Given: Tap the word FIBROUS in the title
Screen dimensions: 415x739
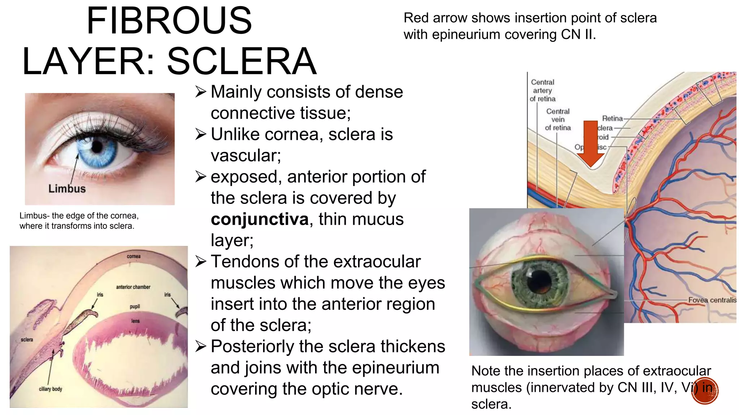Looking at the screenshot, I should point(169,21).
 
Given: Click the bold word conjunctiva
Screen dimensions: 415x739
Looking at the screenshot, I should point(259,219).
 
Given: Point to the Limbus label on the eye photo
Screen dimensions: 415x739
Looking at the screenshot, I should point(67,188).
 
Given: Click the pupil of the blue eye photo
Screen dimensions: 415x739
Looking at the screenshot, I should point(97,146).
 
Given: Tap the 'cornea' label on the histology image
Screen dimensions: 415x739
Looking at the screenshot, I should point(134,256).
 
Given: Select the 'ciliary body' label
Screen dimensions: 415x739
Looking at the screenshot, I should point(51,389).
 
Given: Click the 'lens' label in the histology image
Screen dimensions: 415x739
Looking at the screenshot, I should point(135,321).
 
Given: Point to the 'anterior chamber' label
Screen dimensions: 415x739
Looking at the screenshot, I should point(133,287).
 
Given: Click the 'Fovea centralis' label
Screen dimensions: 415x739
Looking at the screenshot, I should point(712,300).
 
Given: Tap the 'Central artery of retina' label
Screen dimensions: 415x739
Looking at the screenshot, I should point(542,90).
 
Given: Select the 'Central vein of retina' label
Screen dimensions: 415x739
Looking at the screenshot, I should point(558,120).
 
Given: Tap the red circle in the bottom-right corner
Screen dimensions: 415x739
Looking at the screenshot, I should point(705,391).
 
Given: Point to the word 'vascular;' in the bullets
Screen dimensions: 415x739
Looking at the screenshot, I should point(246,156).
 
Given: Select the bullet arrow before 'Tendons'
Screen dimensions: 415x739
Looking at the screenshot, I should point(200,262).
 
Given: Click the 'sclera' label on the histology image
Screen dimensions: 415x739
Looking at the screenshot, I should point(27,340).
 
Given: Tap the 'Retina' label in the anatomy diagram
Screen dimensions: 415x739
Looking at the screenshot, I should point(612,119).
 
